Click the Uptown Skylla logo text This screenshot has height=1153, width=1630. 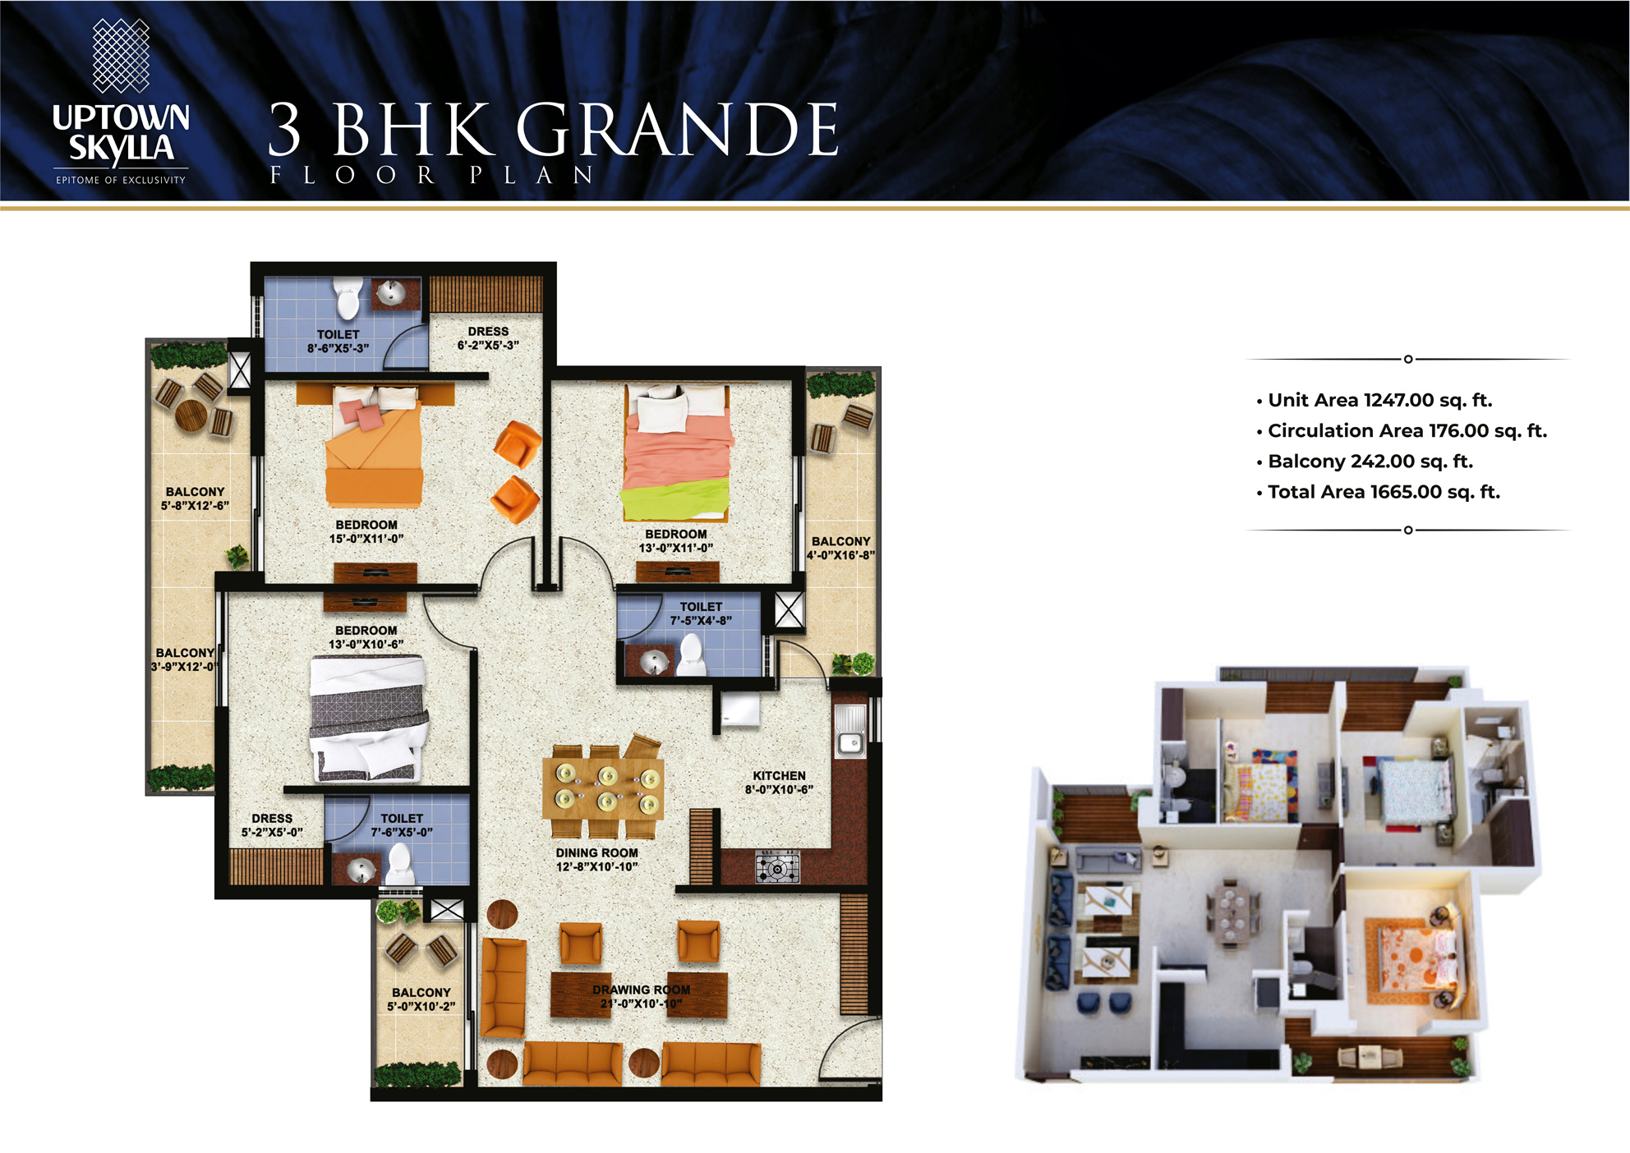[x=121, y=133]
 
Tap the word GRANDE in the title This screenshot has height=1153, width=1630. [x=677, y=129]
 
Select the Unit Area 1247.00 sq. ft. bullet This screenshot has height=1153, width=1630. [x=1374, y=400]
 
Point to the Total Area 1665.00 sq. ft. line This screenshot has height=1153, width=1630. [x=1378, y=492]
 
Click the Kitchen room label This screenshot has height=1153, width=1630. [x=779, y=783]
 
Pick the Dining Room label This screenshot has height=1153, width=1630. [x=596, y=860]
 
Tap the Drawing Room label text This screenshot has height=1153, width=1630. [x=641, y=997]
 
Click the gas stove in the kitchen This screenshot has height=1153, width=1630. [x=777, y=867]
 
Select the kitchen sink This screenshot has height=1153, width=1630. [x=850, y=731]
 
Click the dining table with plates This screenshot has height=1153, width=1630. [x=603, y=788]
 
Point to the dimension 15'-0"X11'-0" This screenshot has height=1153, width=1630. [x=366, y=539]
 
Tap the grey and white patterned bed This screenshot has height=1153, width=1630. [x=368, y=718]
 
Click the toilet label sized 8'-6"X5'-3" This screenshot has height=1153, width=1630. [x=338, y=341]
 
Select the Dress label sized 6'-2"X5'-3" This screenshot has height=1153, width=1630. [x=488, y=338]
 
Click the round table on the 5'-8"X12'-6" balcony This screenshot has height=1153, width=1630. [x=191, y=416]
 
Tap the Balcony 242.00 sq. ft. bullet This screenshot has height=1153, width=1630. [x=1365, y=462]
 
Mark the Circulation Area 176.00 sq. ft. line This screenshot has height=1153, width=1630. [x=1402, y=430]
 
